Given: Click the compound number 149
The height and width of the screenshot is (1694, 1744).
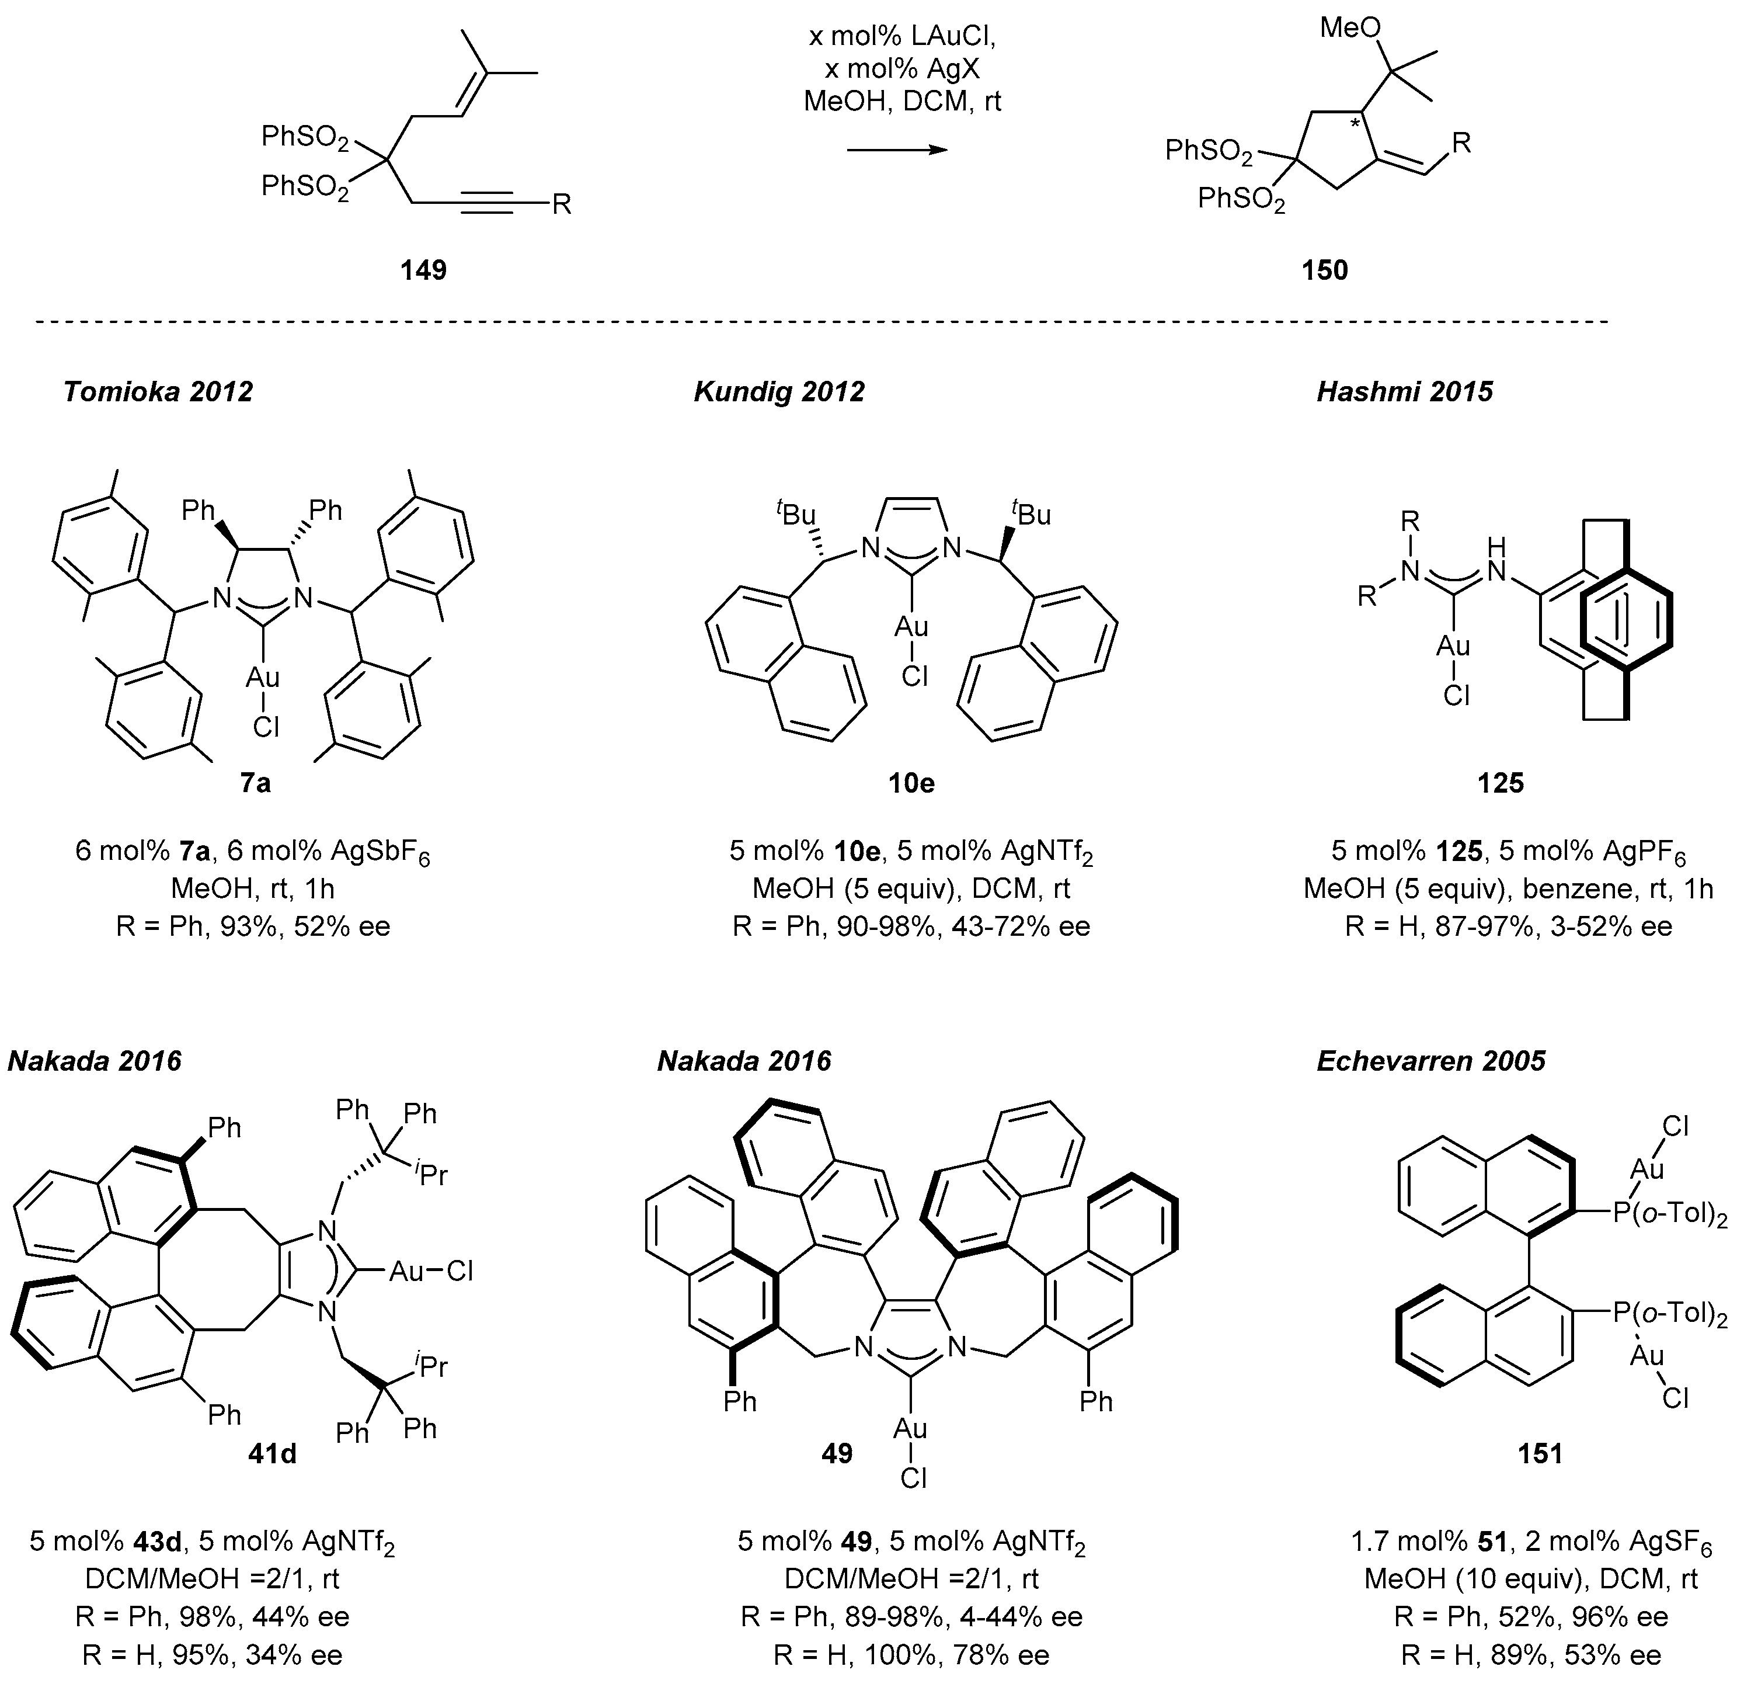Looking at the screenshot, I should coord(423,270).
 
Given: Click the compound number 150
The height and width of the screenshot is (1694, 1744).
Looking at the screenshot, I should coord(1325,270).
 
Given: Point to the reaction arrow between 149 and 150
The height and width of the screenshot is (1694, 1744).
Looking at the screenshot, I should coord(897,151).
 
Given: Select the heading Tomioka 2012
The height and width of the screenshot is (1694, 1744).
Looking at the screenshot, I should coord(158,392).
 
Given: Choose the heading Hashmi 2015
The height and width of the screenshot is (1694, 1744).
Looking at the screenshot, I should coord(1404,392).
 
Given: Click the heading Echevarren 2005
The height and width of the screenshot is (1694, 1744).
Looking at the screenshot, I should coord(1431,1061).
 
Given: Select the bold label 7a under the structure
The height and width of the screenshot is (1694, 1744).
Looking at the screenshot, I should coord(255,783).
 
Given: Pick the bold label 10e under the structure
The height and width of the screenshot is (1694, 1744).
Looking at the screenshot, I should coord(911,783).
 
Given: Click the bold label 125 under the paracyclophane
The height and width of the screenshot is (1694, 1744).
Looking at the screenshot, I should coord(1501,783).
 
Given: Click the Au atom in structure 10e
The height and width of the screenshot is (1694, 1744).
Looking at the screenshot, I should coord(911,627).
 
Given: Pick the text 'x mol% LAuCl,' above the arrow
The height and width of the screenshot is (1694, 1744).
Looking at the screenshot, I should coord(901,37).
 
